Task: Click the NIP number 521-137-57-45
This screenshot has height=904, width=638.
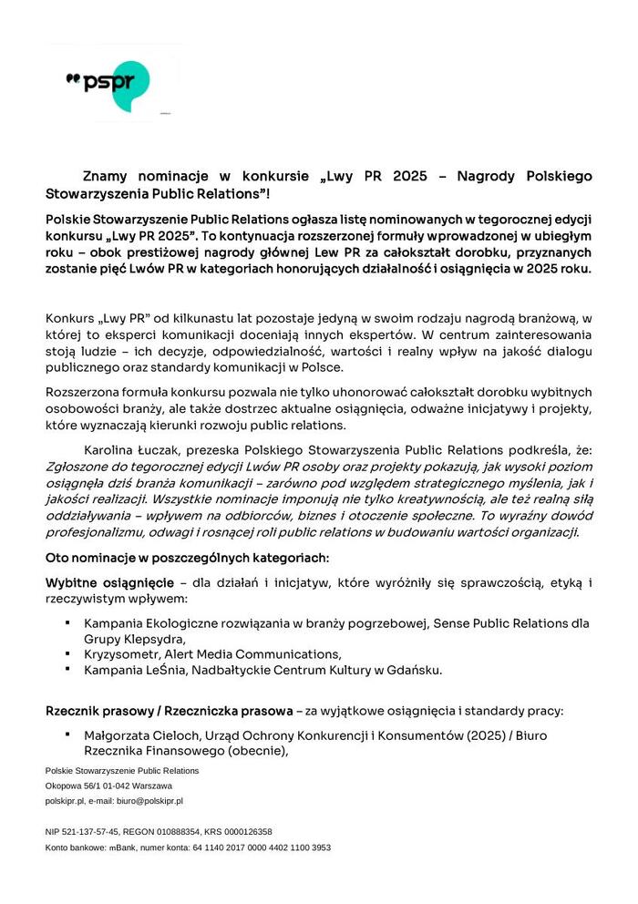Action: click(93, 831)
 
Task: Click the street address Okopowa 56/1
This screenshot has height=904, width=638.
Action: click(75, 786)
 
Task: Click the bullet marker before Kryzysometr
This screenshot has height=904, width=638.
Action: click(68, 654)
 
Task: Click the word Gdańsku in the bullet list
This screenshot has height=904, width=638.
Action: click(416, 671)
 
